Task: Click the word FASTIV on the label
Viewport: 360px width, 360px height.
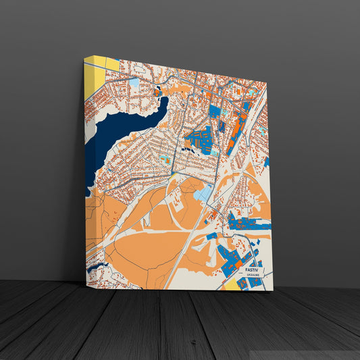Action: (x=252, y=269)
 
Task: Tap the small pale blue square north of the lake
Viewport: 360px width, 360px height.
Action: (x=134, y=82)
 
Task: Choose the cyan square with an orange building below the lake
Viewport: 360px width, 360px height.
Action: (x=165, y=159)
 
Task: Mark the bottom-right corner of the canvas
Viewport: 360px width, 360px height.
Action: (x=273, y=290)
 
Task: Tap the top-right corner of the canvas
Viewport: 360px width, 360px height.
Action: (x=267, y=82)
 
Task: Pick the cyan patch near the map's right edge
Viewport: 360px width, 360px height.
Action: (x=266, y=162)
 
